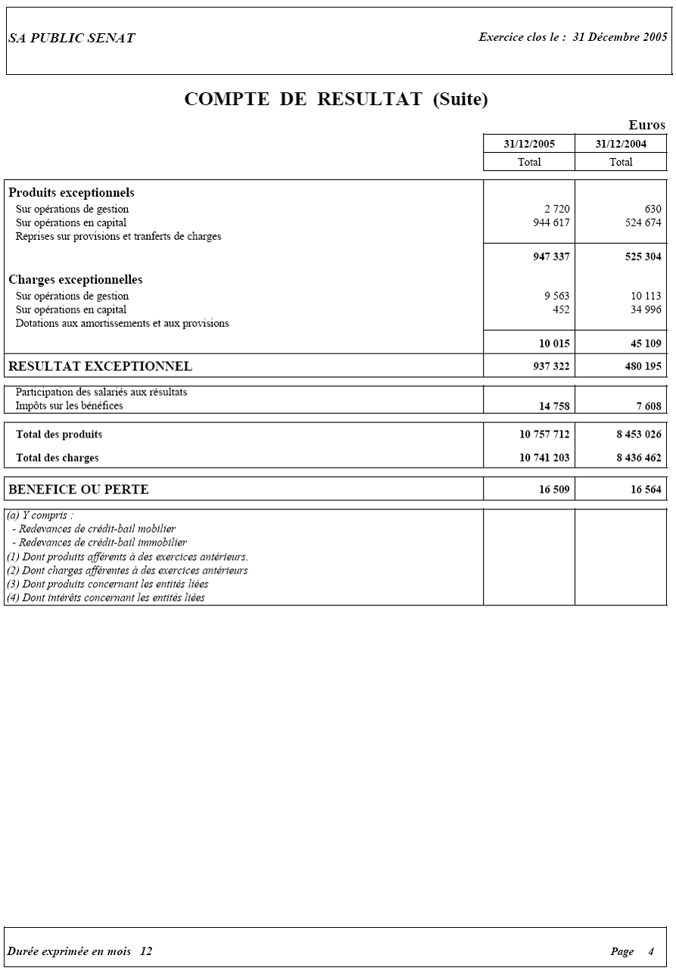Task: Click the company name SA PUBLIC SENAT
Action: [72, 39]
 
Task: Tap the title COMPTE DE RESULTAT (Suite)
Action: [337, 99]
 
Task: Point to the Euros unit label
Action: [646, 126]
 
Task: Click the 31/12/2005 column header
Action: [529, 144]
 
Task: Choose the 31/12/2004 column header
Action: [621, 144]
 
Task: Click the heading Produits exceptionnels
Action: [71, 193]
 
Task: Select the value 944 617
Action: [551, 222]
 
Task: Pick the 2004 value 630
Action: [653, 209]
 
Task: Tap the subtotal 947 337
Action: [551, 257]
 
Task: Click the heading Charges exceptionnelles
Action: [76, 280]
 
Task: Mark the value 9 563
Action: [556, 296]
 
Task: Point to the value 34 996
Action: [646, 310]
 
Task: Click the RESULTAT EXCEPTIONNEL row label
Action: [100, 366]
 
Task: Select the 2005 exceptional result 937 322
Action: [551, 366]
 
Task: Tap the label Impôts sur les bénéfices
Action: [70, 406]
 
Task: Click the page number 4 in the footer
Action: [651, 951]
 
